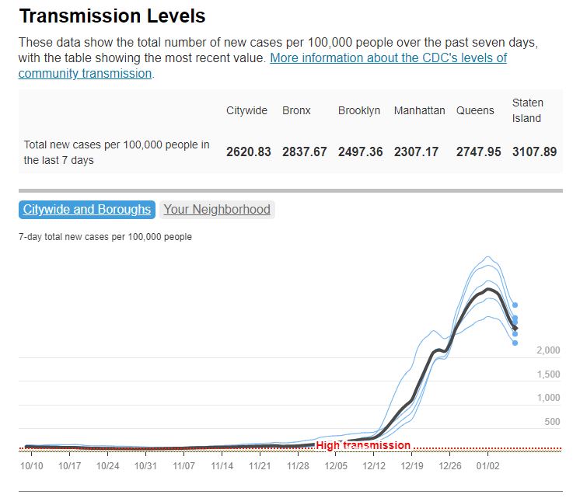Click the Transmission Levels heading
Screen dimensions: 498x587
coord(112,16)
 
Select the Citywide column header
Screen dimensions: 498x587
coord(246,110)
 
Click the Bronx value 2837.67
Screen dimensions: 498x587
coord(305,151)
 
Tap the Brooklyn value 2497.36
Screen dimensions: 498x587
coord(360,151)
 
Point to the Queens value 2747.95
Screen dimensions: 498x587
coord(478,151)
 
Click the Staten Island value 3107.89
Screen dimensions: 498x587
coord(534,151)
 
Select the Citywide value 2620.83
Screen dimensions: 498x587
coord(249,151)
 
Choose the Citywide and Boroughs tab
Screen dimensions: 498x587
coord(87,209)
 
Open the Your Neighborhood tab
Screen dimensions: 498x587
coord(217,209)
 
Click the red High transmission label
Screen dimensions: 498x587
coord(363,445)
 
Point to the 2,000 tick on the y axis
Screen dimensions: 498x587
coord(548,350)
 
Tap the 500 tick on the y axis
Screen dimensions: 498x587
coord(552,422)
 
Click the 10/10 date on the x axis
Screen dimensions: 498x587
coord(32,466)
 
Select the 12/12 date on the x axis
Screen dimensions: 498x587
coord(374,466)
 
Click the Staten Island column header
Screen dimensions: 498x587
coord(528,110)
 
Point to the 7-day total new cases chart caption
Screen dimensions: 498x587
coord(105,237)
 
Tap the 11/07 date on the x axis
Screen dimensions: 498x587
coord(183,466)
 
